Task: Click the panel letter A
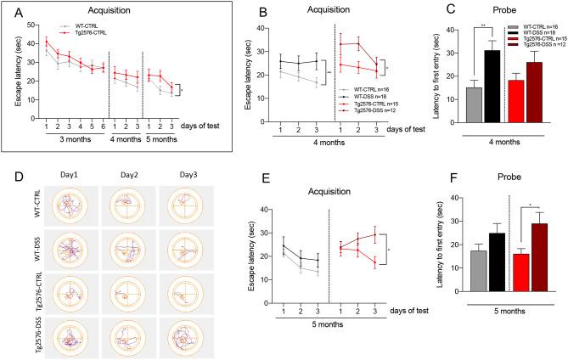click(x=12, y=11)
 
